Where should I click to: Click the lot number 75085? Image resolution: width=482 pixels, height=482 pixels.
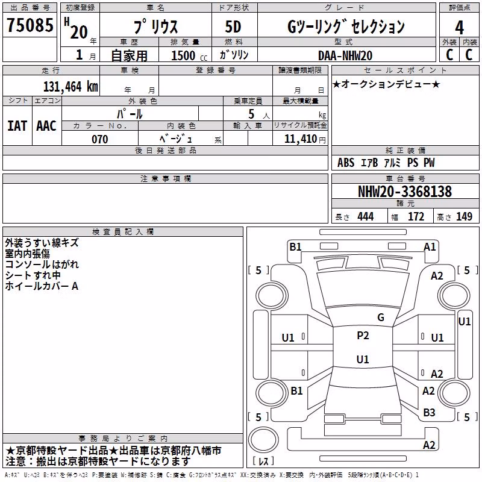(x=30, y=25)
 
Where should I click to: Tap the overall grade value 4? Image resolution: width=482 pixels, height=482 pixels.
(x=459, y=28)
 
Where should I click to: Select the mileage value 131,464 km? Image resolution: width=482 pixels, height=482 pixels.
(x=70, y=87)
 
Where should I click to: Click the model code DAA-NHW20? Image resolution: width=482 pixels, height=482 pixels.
(x=345, y=55)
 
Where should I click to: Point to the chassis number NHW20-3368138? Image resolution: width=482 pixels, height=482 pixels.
(x=405, y=192)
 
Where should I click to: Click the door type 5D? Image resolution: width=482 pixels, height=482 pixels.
(x=233, y=27)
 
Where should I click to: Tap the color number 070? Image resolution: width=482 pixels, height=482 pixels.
(x=99, y=139)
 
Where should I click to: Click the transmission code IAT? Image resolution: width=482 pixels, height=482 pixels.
(x=17, y=126)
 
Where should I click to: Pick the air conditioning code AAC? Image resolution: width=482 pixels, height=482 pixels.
(x=46, y=126)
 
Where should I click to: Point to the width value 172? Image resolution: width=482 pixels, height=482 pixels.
(x=416, y=216)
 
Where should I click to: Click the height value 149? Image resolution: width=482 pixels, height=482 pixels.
(x=464, y=216)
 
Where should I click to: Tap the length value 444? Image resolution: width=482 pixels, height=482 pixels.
(x=366, y=216)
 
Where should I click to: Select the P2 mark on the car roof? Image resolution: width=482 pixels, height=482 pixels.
(x=363, y=336)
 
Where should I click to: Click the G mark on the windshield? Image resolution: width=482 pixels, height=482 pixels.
(x=381, y=317)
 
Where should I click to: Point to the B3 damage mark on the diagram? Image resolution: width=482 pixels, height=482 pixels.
(x=429, y=413)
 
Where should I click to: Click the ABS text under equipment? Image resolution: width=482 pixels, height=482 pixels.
(x=346, y=163)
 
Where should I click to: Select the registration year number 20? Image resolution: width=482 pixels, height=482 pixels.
(x=80, y=33)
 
